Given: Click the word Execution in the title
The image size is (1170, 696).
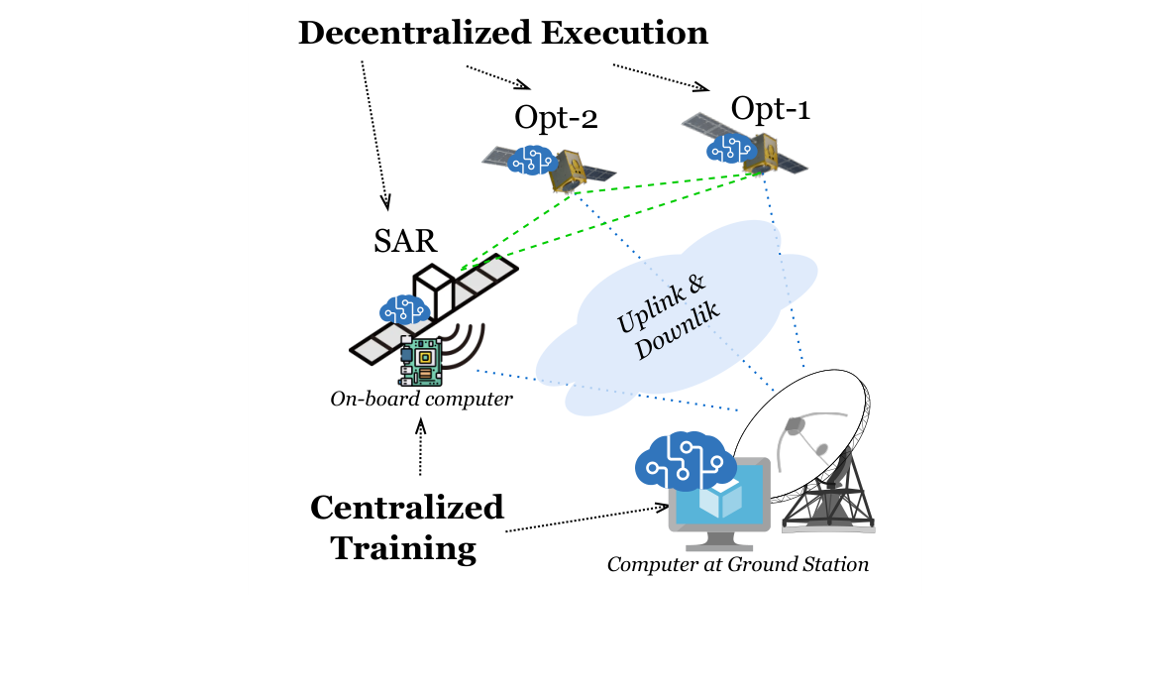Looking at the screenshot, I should [624, 33].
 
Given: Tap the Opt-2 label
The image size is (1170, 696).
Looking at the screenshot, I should [556, 117].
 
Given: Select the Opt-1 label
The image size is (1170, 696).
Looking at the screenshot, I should [770, 107].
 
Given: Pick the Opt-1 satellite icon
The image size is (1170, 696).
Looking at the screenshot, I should [745, 146].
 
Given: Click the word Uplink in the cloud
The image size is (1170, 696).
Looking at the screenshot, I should [650, 303].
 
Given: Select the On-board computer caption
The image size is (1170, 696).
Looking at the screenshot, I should [421, 400].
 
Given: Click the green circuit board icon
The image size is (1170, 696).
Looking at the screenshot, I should [421, 359].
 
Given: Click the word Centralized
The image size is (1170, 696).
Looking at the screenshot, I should [406, 508].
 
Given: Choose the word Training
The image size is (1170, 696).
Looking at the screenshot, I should [403, 547].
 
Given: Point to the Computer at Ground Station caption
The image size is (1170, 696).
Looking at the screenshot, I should [737, 565].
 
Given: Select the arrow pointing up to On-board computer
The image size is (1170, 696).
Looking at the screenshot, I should [421, 446].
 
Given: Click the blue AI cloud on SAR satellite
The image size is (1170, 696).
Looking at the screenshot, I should [404, 308].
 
